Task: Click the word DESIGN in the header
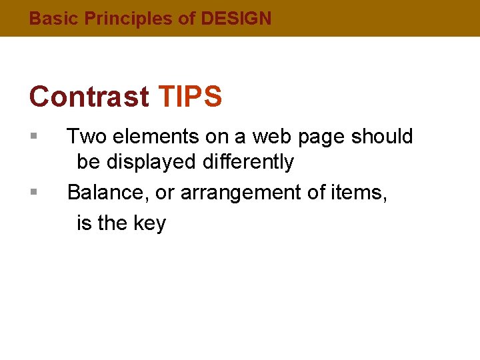pos(236,19)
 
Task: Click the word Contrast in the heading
pos(89,97)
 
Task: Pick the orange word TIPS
pos(191,97)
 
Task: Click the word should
pos(382,137)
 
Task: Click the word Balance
pos(108,192)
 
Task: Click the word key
pos(150,223)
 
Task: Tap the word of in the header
pos(187,19)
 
